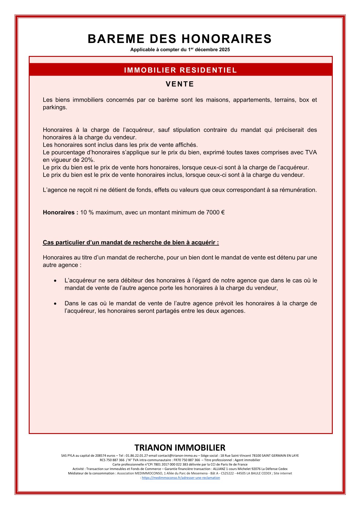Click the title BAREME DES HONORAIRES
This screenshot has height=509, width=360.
pos(180,39)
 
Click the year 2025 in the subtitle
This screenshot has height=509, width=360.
pos(224,50)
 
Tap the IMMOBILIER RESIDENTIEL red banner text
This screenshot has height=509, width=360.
pos(180,70)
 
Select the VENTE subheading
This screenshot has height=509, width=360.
pos(180,84)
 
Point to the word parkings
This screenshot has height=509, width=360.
pos(55,107)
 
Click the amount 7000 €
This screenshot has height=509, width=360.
pos(215,212)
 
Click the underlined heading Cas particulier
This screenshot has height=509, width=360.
pos(131,243)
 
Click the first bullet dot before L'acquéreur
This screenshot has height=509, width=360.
pos(55,281)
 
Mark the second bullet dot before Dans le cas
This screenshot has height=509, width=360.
pos(55,304)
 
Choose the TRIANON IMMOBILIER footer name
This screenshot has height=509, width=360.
pos(180,448)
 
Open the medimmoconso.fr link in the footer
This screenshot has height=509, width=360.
pos(181,478)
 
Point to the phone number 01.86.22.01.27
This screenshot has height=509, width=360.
pos(137,455)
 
